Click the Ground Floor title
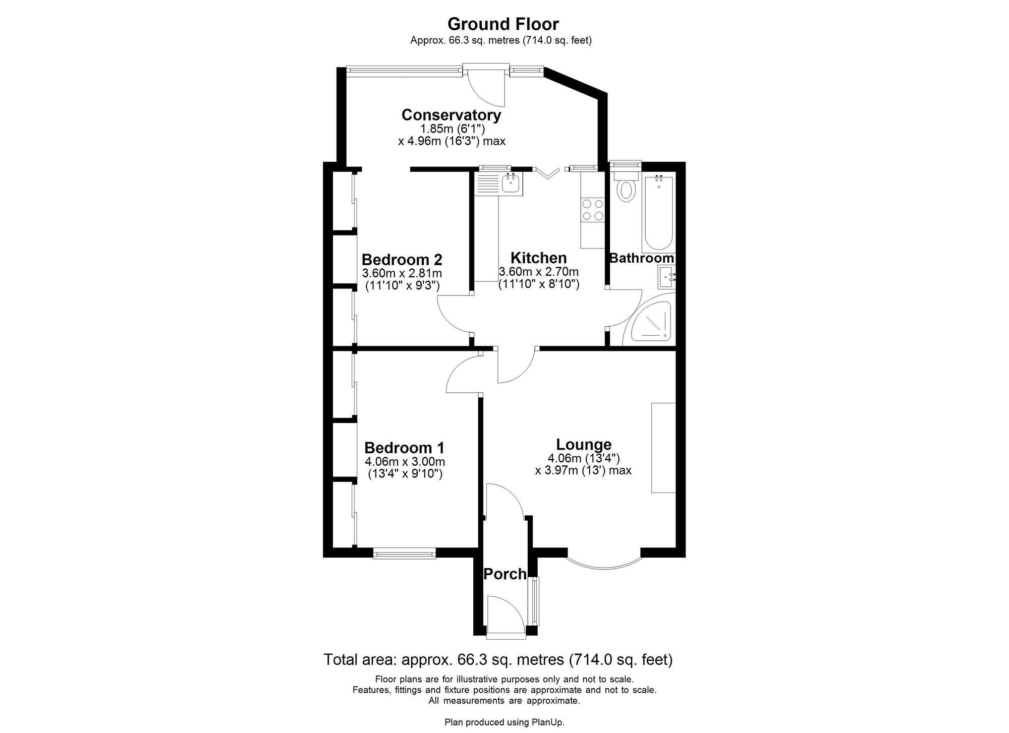pos(503,24)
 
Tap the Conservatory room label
pos(451,115)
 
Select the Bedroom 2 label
pos(402,260)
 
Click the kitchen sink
pos(511,183)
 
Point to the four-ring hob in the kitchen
pos(592,210)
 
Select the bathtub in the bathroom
pos(658,214)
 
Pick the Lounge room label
pos(584,445)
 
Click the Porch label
pos(504,574)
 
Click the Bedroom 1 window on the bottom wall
pos(404,554)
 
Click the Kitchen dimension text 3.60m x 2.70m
pos(538,272)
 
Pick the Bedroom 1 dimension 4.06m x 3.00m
pos(405,462)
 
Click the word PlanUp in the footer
pos(549,722)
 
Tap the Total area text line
pos(497,659)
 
